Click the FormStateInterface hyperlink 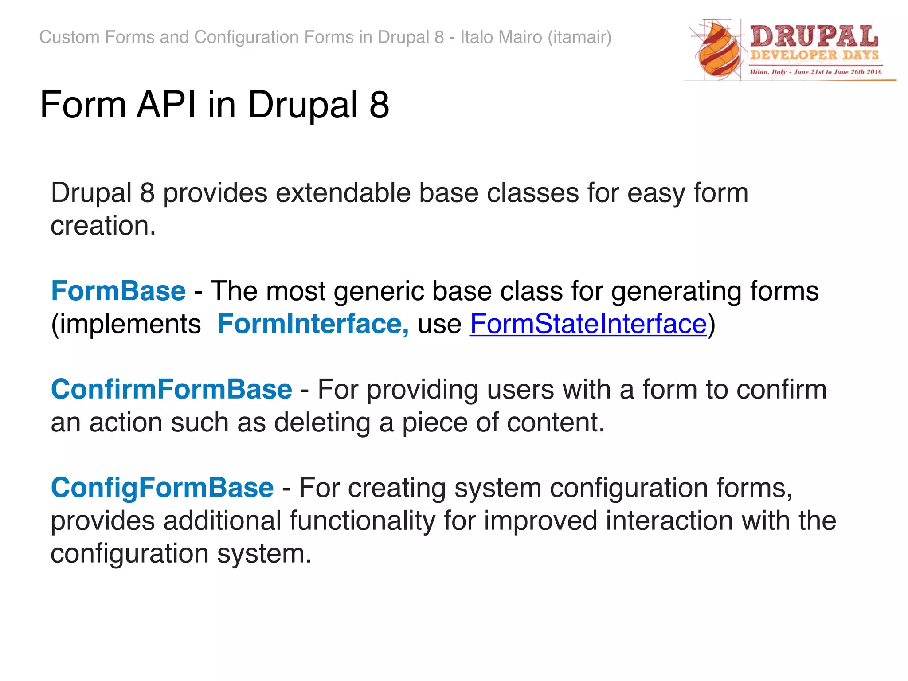click(x=588, y=324)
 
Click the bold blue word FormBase click(x=118, y=291)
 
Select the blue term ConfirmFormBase click(x=172, y=390)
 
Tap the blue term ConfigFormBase click(x=162, y=488)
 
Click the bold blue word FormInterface click(x=313, y=324)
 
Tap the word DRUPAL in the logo click(x=814, y=36)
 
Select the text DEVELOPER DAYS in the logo click(x=814, y=55)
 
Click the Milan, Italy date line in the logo click(x=815, y=72)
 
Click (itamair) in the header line click(x=579, y=37)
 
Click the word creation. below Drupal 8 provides click(x=103, y=226)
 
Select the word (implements click(x=126, y=324)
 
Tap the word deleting click(x=322, y=423)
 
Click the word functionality click(x=362, y=521)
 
